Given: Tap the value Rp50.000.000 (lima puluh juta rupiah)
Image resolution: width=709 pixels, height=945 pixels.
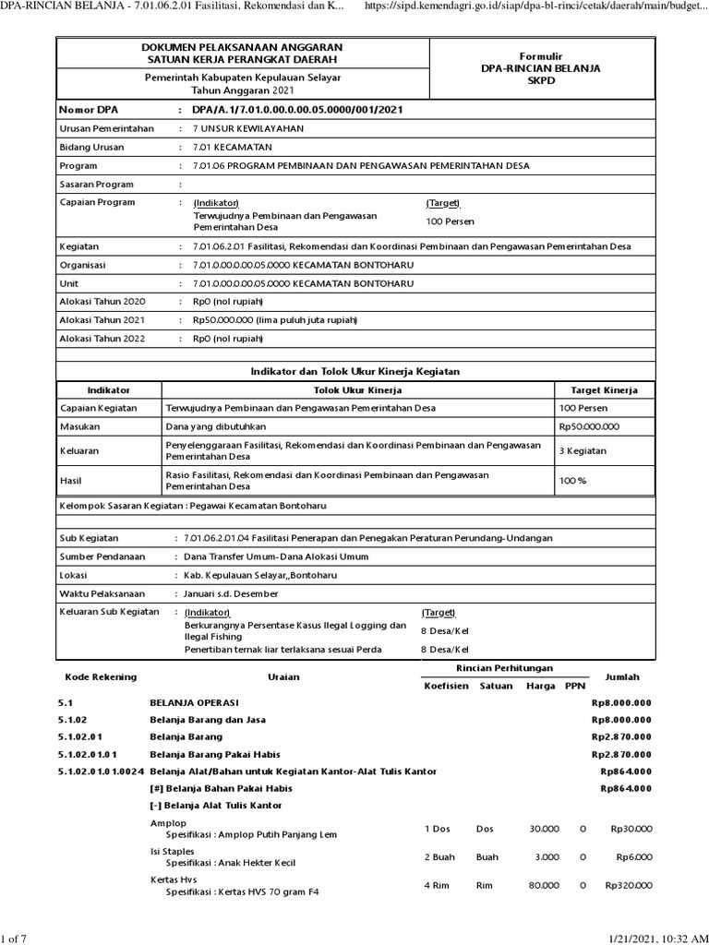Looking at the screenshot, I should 274,319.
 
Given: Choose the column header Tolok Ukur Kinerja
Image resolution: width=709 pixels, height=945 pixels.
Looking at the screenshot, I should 358,390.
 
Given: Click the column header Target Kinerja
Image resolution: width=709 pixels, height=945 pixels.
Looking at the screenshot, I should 605,390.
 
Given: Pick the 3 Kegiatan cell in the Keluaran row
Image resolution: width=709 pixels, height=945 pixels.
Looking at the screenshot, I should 583,450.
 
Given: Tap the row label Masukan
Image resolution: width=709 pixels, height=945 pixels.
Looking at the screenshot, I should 79,426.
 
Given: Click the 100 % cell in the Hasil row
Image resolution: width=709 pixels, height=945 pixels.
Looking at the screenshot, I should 573,480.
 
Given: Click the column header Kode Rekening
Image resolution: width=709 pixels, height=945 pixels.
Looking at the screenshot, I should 97,676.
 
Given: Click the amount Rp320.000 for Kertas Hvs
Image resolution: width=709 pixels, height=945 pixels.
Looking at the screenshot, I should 628,884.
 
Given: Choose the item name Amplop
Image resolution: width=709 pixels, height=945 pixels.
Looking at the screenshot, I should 168,822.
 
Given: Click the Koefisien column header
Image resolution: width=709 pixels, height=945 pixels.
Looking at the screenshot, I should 444,686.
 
